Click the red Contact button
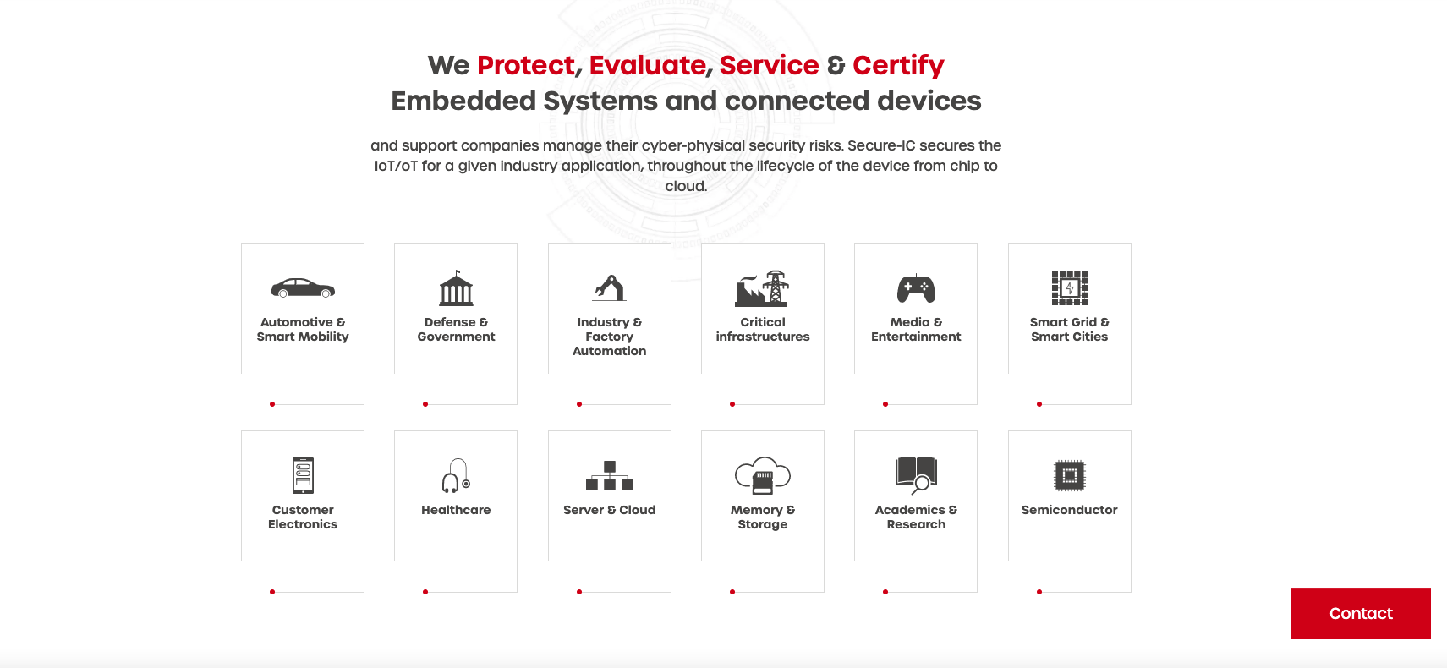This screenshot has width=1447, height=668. [x=1361, y=613]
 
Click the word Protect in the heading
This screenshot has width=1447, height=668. [x=525, y=65]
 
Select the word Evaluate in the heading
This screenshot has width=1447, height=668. [x=647, y=65]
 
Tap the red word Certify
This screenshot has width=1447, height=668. [x=898, y=66]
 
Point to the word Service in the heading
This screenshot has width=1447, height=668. [x=769, y=65]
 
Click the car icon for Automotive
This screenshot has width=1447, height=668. [x=303, y=287]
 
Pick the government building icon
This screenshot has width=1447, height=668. [x=456, y=287]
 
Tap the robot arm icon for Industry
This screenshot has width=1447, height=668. [x=609, y=288]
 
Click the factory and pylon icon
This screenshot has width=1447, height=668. [x=762, y=288]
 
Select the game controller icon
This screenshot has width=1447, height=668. [x=916, y=288]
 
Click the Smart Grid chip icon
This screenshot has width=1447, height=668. [x=1069, y=287]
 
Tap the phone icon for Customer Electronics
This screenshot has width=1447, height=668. [x=303, y=475]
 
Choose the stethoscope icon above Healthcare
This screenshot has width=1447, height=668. [x=456, y=475]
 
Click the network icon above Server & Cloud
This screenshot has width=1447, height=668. [x=609, y=475]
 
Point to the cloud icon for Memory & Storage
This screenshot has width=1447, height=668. [x=762, y=475]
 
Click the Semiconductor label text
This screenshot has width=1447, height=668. [x=1069, y=510]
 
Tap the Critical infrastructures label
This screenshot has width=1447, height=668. [x=762, y=330]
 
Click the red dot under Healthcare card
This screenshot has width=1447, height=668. [x=425, y=592]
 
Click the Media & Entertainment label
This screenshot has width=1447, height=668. [x=916, y=330]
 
